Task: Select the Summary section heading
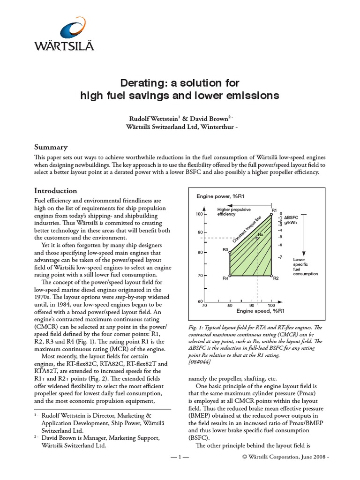pos(51,147)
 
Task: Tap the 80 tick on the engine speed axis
pos(230,306)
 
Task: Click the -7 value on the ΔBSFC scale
pos(280,257)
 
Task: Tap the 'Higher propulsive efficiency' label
pos(232,212)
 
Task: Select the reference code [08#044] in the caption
pos(199,362)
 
